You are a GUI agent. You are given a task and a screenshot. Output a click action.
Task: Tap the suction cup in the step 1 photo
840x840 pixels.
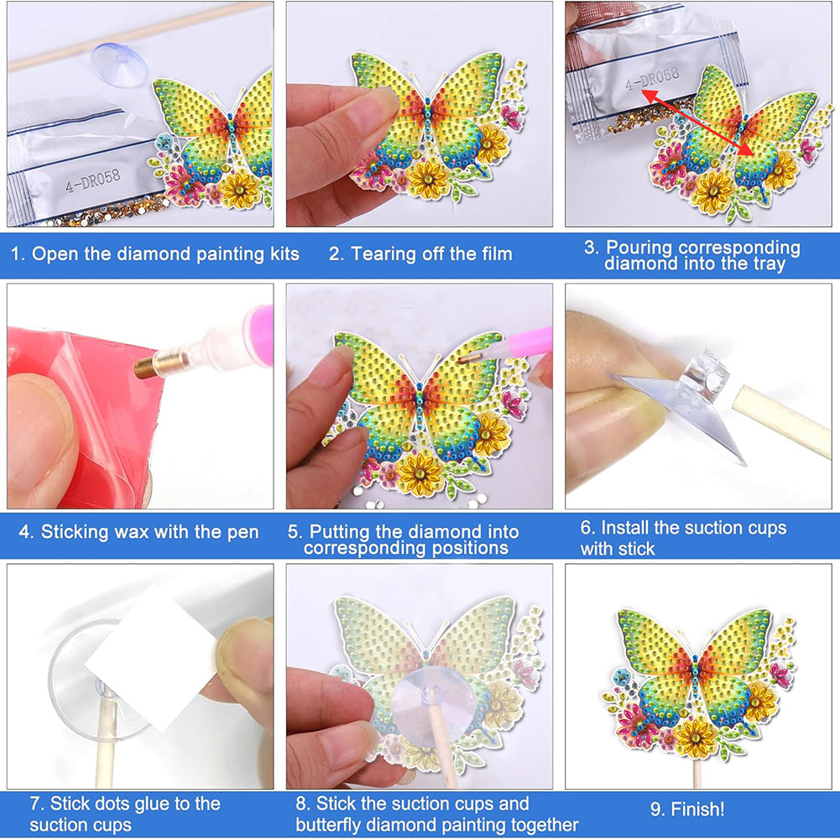tap(119, 65)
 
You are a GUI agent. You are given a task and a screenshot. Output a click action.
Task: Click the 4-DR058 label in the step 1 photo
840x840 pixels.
tap(92, 180)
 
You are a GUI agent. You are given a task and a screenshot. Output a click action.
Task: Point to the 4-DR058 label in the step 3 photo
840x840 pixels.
tap(653, 79)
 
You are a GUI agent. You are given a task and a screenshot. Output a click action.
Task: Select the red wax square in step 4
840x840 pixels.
tap(86, 418)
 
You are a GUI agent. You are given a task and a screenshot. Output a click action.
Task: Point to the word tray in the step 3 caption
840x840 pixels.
tap(768, 263)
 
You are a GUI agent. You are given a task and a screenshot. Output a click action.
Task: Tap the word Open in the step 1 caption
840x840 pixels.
tap(54, 254)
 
